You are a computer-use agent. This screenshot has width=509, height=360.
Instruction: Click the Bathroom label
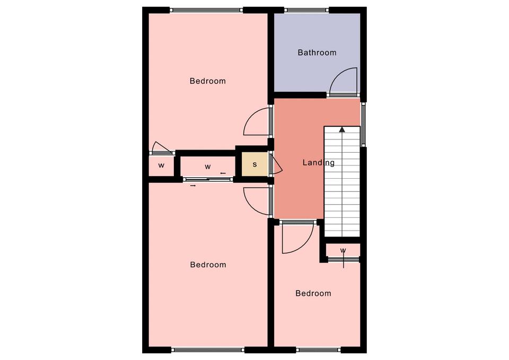point(317,52)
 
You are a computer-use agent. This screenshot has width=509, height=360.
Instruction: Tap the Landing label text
point(319,163)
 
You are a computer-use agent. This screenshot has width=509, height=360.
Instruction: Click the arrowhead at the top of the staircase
point(342,129)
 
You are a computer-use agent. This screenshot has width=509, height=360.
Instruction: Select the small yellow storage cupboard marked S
point(255,164)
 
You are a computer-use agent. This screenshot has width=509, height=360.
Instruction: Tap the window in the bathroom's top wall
point(307,10)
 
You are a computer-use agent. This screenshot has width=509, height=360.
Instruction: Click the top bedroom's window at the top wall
point(206,10)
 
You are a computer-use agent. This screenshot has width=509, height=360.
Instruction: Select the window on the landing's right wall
point(364,124)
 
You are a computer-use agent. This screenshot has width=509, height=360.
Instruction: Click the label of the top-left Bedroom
point(208,81)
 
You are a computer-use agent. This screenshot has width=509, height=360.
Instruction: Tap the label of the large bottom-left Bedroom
point(208,265)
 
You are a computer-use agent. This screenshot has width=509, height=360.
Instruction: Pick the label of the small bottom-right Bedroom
point(313,293)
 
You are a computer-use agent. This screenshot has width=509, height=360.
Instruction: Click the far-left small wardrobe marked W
point(161,166)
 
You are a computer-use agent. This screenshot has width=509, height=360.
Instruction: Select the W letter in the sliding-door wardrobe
point(208,167)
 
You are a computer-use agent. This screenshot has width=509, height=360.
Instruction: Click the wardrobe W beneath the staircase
point(343,250)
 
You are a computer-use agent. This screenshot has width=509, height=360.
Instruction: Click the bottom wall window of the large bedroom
point(208,350)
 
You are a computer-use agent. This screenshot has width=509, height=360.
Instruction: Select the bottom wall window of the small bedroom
point(319,350)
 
